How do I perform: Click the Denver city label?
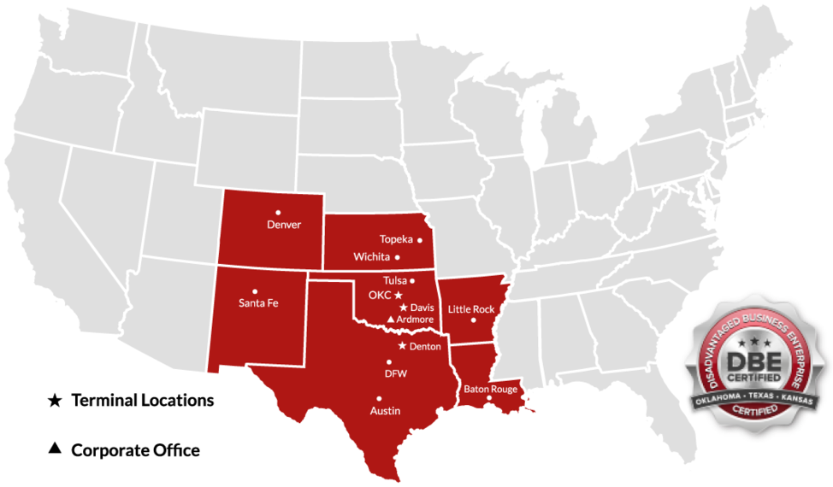284,225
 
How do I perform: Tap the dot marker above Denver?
278,212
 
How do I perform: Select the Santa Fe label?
258,302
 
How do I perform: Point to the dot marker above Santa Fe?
255,290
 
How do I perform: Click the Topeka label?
396,240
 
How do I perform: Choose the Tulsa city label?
394,280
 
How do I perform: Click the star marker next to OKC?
398,295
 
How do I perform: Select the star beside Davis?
403,308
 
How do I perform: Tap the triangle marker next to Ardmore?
391,320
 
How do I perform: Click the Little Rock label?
471,308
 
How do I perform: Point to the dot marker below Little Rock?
473,320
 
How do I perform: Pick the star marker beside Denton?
402,346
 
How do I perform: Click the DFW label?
395,373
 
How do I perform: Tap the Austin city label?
385,411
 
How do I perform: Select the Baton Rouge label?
491,390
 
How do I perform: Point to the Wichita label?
371,257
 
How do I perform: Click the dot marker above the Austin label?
379,398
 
